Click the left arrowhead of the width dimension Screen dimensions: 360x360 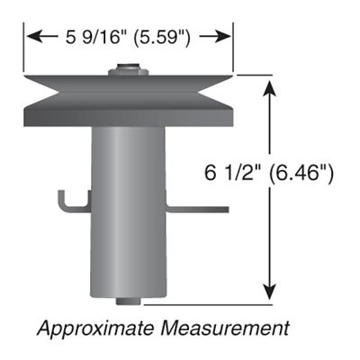pyautogui.click(x=32, y=37)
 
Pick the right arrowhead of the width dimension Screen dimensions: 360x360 pyautogui.click(x=228, y=37)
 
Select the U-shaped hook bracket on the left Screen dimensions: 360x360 pyautogui.click(x=70, y=202)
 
